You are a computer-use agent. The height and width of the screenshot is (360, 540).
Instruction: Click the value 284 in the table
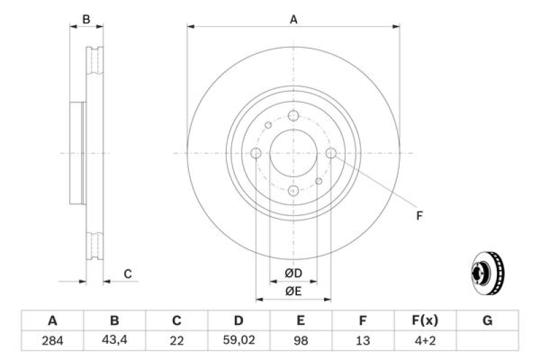point(52,341)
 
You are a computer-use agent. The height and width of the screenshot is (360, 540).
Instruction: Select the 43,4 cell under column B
point(114,341)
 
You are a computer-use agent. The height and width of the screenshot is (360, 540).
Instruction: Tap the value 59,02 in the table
point(238,341)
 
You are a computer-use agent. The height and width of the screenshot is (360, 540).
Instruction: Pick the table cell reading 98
point(300,341)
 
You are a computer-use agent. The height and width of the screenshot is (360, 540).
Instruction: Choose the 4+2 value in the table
point(425,341)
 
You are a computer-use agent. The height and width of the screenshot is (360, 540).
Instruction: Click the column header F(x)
point(425,320)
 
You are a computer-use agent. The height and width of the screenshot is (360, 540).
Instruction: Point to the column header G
point(487,320)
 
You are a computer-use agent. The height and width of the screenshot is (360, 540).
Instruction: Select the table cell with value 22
point(176,341)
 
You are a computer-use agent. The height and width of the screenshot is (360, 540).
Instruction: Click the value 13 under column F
point(362,341)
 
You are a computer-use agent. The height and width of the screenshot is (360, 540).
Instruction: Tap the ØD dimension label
point(293,273)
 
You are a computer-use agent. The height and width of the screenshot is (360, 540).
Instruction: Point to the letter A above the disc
point(294,20)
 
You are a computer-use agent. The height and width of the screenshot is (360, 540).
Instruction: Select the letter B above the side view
point(86,20)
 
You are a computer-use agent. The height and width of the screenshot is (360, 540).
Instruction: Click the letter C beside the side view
point(127,274)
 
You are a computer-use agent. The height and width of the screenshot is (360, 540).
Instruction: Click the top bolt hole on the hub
point(293,116)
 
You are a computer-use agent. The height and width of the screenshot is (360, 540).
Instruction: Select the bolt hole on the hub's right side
point(331,154)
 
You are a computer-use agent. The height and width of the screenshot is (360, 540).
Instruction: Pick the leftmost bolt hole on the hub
point(256,154)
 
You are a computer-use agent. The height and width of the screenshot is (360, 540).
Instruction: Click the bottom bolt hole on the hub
point(293,191)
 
